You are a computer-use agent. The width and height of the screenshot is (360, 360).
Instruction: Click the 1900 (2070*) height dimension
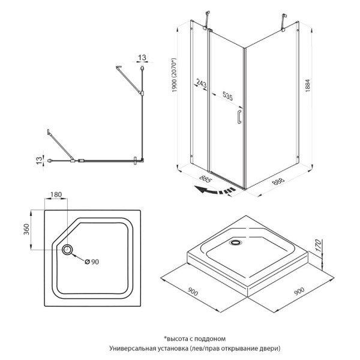point(174,78)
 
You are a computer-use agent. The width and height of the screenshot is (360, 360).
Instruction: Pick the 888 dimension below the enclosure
point(277,180)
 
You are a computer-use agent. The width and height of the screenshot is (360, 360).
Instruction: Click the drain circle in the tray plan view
point(67,250)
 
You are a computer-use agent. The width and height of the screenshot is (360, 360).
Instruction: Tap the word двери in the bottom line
point(267,349)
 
